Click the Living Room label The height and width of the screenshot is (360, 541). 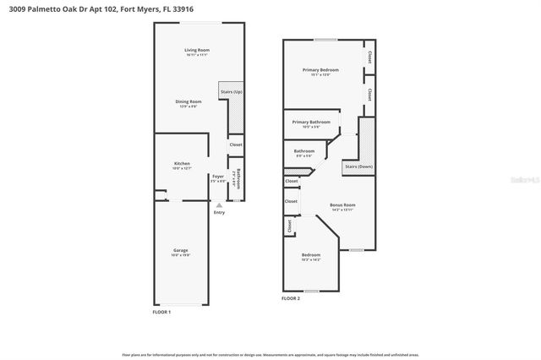click(x=197, y=51)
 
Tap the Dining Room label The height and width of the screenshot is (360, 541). click(x=189, y=101)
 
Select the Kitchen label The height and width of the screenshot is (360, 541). click(x=182, y=163)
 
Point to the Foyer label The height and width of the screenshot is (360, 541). click(x=217, y=176)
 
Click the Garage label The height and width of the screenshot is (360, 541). click(x=181, y=250)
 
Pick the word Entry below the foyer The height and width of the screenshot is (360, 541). click(x=220, y=212)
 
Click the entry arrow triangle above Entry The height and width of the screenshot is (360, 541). click(x=219, y=204)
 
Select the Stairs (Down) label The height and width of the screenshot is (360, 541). click(x=359, y=166)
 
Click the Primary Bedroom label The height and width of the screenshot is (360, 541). click(x=321, y=70)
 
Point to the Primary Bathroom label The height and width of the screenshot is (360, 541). click(x=312, y=122)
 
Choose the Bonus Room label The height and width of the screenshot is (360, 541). click(x=342, y=205)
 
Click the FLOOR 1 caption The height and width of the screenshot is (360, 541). click(x=161, y=312)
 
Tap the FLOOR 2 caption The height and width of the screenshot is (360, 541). click(x=292, y=297)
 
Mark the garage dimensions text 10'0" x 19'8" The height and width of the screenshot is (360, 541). click(x=181, y=255)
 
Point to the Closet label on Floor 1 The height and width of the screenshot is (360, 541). click(x=236, y=145)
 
